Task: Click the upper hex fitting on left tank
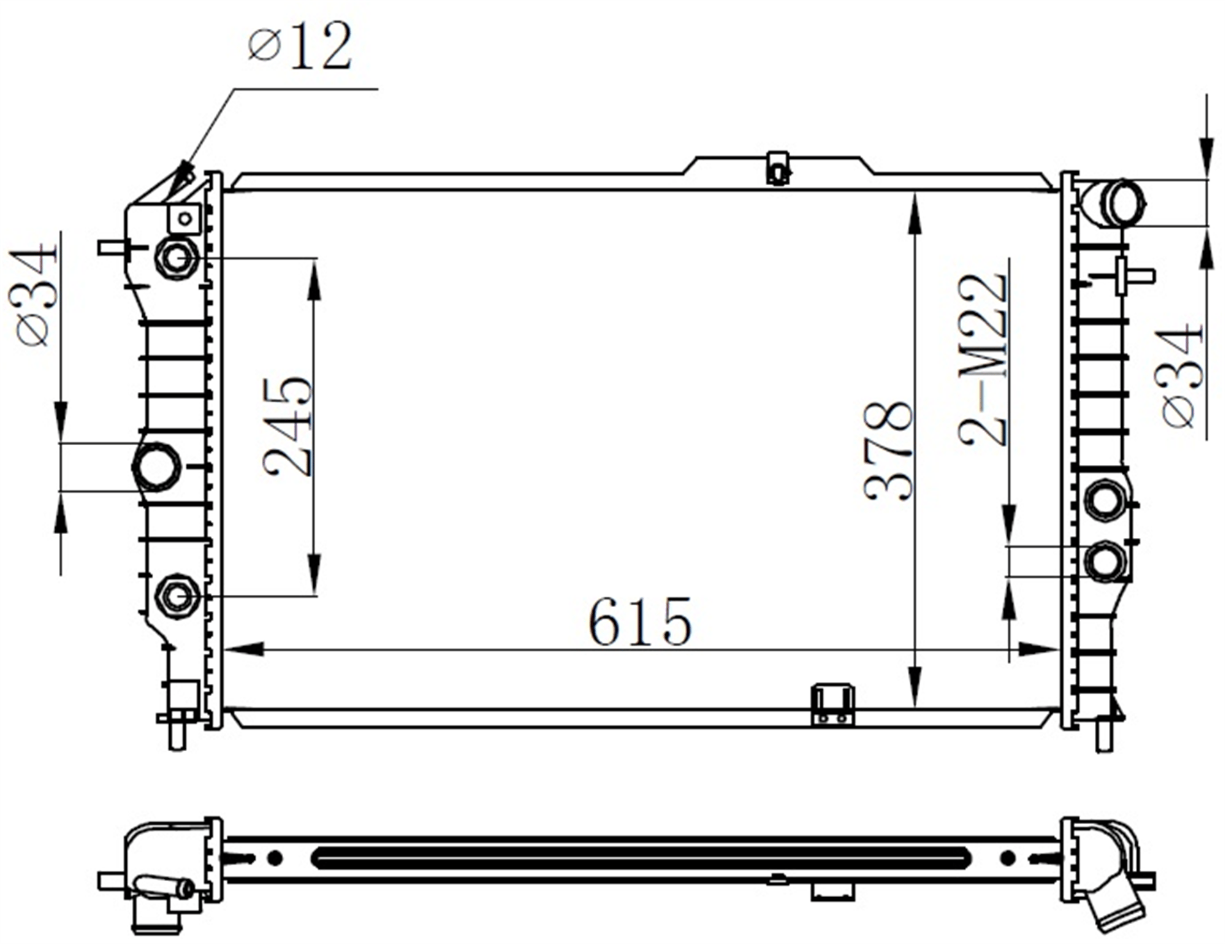[177, 258]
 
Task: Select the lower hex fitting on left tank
[177, 596]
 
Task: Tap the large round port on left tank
[156, 467]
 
